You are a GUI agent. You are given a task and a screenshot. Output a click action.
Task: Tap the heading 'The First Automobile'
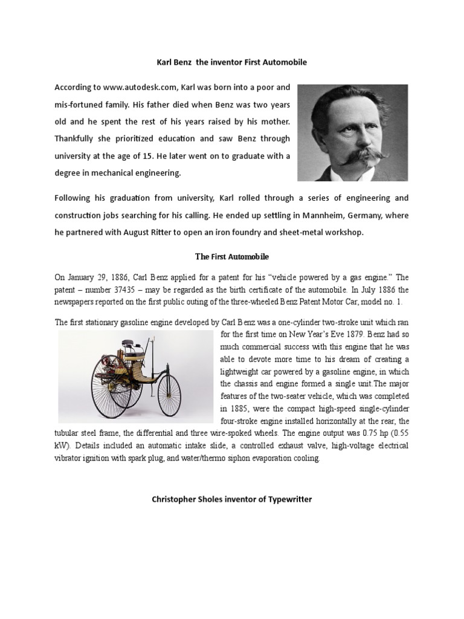(232, 257)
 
